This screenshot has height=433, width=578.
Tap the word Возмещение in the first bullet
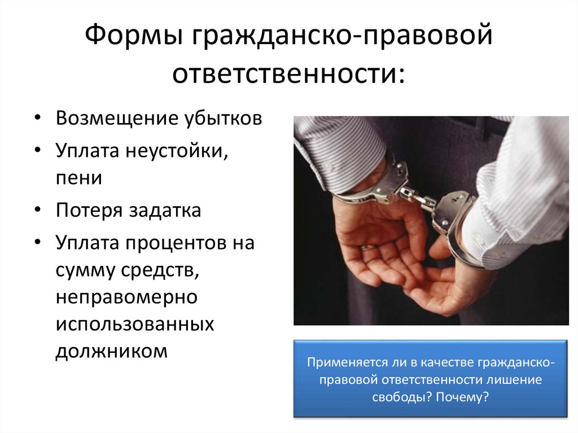click(117, 118)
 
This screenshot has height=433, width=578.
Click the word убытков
click(223, 118)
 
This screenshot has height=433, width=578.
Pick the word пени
click(79, 178)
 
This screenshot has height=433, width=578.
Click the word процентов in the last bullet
click(176, 243)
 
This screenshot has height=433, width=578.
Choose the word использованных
click(135, 325)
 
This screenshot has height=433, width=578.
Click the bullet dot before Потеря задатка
click(38, 209)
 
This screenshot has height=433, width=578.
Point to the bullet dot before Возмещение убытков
click(38, 117)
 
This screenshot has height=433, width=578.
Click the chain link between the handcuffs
click(418, 198)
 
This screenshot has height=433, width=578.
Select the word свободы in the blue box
click(402, 397)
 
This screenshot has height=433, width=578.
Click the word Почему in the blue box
click(462, 397)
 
